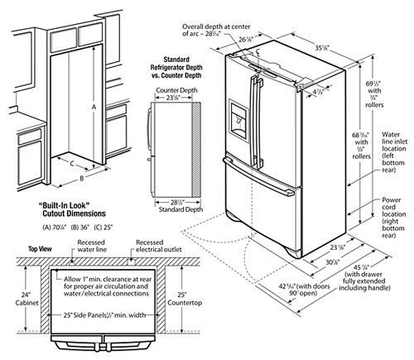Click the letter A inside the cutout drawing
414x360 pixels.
point(95,107)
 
